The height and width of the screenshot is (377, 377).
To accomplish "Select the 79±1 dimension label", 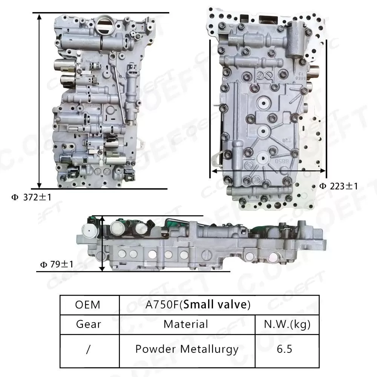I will tap(57, 265).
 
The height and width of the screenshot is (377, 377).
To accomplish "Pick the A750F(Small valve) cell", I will tap(198, 305).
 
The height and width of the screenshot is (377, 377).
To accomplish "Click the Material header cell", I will tap(186, 324).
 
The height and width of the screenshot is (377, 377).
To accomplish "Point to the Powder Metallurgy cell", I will tap(187, 349).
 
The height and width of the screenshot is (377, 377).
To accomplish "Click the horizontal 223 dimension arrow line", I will tap(268, 170).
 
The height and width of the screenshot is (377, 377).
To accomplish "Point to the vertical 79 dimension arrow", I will tap(103, 243).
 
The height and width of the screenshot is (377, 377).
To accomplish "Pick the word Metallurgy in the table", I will tap(209, 349).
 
